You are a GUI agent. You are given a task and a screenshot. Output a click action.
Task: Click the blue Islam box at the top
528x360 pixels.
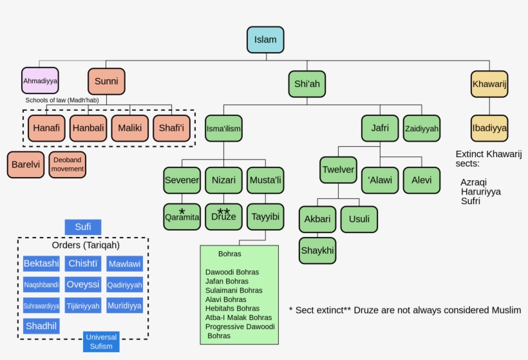[x=265, y=40]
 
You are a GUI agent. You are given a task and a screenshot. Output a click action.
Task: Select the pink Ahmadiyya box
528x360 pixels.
[x=40, y=81]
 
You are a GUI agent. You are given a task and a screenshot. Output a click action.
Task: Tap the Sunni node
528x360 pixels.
[x=106, y=81]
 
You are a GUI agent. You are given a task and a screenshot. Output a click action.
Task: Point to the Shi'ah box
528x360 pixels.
[x=306, y=84]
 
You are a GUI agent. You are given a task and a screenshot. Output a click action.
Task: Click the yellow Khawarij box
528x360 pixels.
[x=489, y=84]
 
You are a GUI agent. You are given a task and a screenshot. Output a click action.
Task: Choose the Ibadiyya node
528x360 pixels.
[x=489, y=128]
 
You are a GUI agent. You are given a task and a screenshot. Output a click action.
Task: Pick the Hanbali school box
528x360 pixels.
[x=88, y=128]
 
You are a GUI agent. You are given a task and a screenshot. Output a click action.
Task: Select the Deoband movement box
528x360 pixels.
[x=68, y=165]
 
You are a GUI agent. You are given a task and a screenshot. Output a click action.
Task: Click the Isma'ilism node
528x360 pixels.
[x=223, y=129]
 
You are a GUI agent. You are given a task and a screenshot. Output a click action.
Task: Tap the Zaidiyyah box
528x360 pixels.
[x=422, y=129]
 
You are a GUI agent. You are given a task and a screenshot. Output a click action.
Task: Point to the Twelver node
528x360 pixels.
[x=338, y=170]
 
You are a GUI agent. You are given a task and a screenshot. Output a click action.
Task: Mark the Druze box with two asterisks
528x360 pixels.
[x=223, y=216]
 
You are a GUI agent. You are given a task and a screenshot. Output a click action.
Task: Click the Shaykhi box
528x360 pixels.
[x=317, y=251]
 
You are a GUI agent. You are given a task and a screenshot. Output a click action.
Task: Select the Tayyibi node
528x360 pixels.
[x=265, y=216]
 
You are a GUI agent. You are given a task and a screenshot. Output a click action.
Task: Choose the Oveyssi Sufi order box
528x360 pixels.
[x=83, y=284]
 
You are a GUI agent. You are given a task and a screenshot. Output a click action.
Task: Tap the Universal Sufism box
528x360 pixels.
[x=101, y=341]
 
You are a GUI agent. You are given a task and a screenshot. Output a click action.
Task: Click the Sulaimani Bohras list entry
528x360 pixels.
[x=233, y=290]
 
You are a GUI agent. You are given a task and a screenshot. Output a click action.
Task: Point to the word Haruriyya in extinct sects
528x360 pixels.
[x=480, y=191]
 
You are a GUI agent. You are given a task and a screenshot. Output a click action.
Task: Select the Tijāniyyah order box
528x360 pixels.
[x=83, y=306]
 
